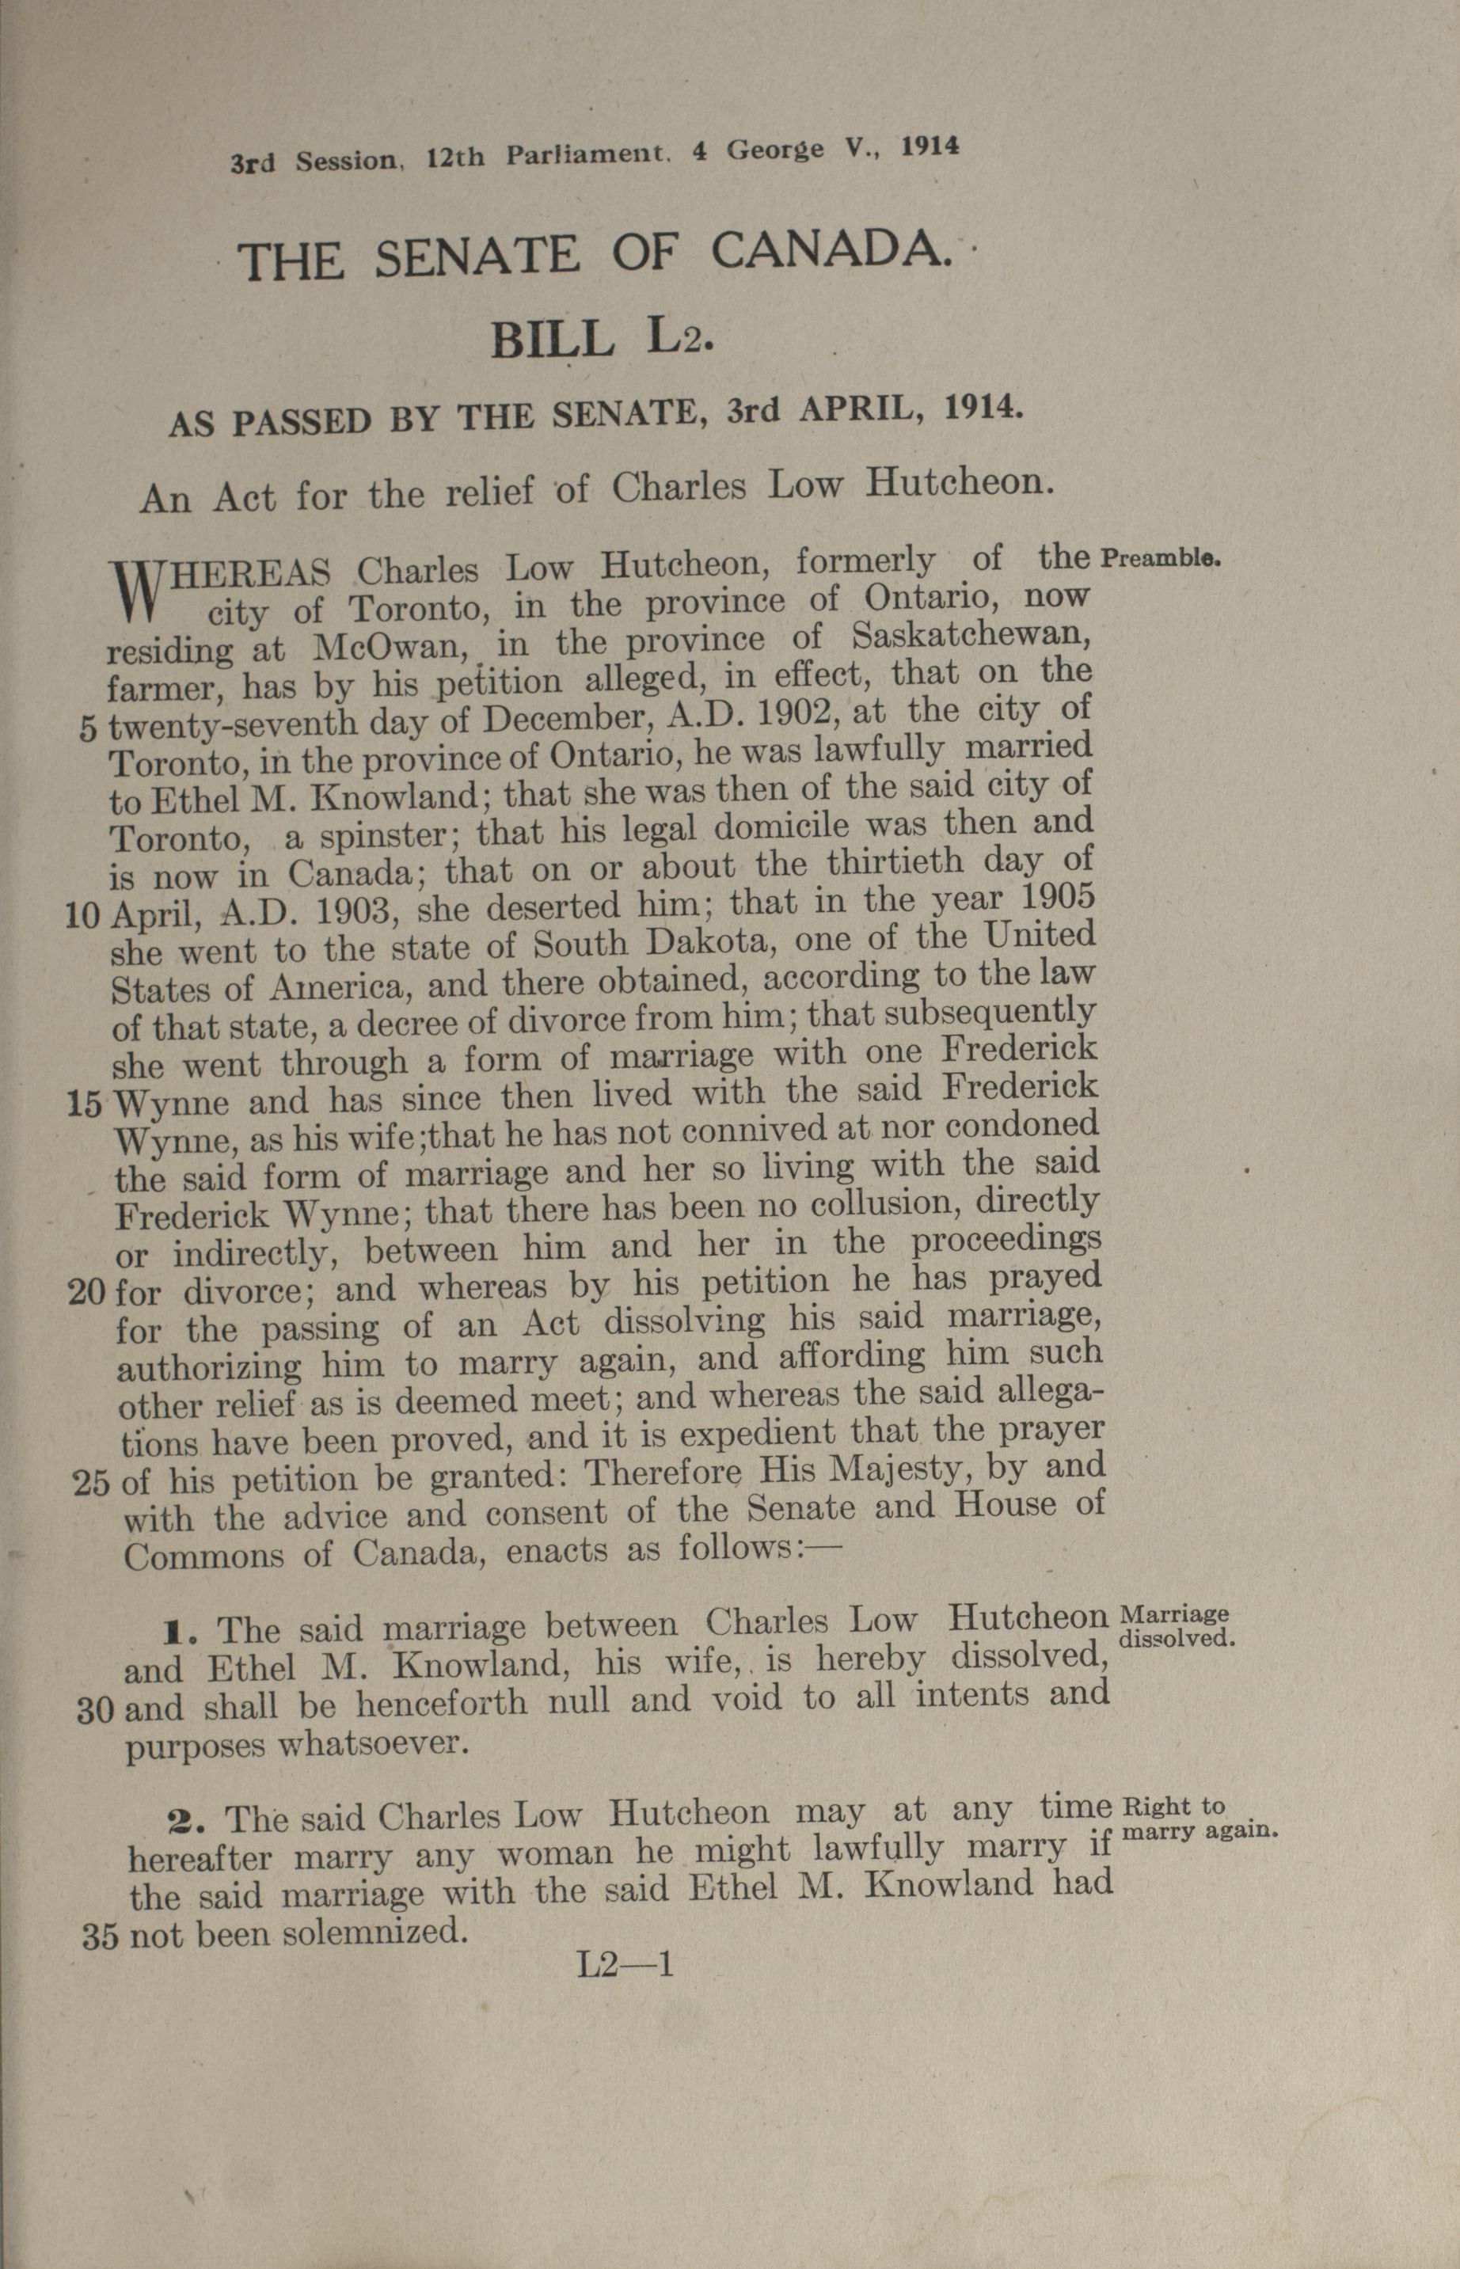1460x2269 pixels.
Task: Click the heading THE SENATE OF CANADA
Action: [595, 258]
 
